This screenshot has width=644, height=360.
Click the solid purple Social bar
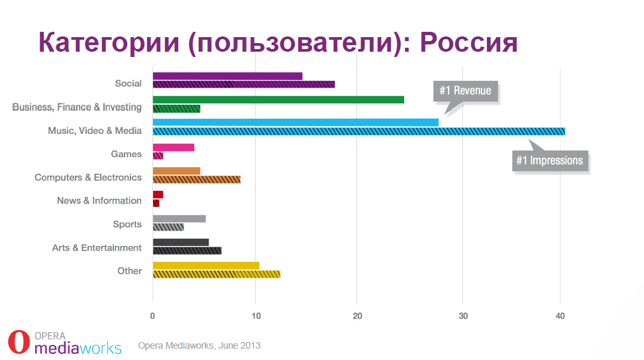click(x=227, y=76)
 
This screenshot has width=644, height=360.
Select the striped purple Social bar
click(x=243, y=84)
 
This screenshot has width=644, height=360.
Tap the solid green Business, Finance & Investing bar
click(x=278, y=99)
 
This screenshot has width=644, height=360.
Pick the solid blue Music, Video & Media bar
click(x=295, y=123)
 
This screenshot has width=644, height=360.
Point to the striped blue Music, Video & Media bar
click(x=358, y=131)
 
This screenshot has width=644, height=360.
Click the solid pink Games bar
click(x=173, y=147)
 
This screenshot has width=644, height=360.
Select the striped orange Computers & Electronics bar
click(x=196, y=179)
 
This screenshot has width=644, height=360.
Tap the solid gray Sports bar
click(x=179, y=219)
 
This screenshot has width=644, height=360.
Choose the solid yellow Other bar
click(x=205, y=266)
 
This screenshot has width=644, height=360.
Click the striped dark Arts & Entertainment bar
click(x=187, y=251)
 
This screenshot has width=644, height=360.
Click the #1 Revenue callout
click(x=465, y=91)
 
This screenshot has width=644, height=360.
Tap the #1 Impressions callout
click(x=550, y=160)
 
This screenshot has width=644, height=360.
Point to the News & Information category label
click(x=99, y=201)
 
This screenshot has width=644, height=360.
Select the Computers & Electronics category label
click(x=88, y=178)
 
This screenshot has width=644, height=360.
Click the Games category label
click(x=126, y=154)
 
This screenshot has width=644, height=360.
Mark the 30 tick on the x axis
click(x=458, y=316)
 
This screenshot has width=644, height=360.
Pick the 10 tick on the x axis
click(x=255, y=316)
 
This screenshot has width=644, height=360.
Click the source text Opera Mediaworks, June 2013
click(x=199, y=345)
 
